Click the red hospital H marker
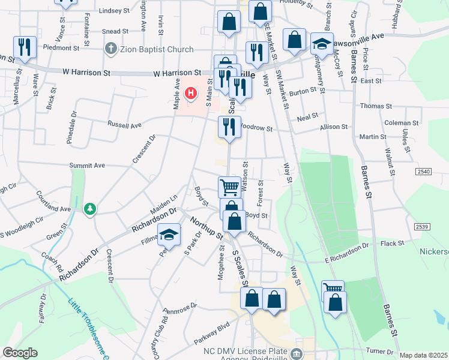tap(191, 93)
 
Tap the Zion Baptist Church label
tap(156, 49)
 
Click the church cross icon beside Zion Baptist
tap(110, 49)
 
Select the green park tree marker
tap(90, 209)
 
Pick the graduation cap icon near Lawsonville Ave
tap(322, 44)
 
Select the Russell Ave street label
tap(124, 125)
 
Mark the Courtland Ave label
tap(54, 202)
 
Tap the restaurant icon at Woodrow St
tap(229, 127)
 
